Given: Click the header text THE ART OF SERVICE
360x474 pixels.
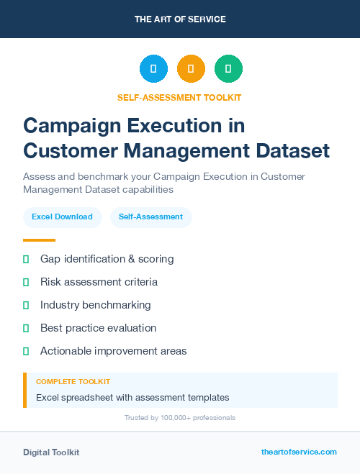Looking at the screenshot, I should (x=180, y=19).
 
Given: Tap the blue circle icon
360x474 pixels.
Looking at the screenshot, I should (x=153, y=69).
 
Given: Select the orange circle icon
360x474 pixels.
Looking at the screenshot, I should (x=191, y=69).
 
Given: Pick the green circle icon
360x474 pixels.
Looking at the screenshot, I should (x=228, y=69).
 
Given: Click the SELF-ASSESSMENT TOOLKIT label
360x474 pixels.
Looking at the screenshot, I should (x=179, y=97).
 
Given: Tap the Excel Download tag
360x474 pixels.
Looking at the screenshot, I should (x=62, y=217).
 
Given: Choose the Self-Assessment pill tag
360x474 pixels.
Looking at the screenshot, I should (x=150, y=217).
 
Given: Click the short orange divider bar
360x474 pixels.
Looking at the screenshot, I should (x=39, y=240).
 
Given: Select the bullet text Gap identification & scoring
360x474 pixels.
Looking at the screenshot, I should (x=107, y=259).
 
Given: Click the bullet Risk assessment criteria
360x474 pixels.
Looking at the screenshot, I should (x=99, y=282).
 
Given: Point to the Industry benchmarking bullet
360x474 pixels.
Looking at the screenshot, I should (x=95, y=305).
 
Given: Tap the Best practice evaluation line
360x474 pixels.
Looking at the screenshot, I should (x=98, y=328).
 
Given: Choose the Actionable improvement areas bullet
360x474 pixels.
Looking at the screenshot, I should (x=113, y=351).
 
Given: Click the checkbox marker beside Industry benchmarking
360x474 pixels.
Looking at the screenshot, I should (x=26, y=305).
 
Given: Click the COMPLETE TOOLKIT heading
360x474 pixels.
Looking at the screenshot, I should (x=73, y=382).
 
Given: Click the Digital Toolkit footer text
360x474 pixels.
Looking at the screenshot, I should (x=51, y=452).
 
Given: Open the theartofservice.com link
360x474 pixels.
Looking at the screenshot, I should (x=299, y=452).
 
